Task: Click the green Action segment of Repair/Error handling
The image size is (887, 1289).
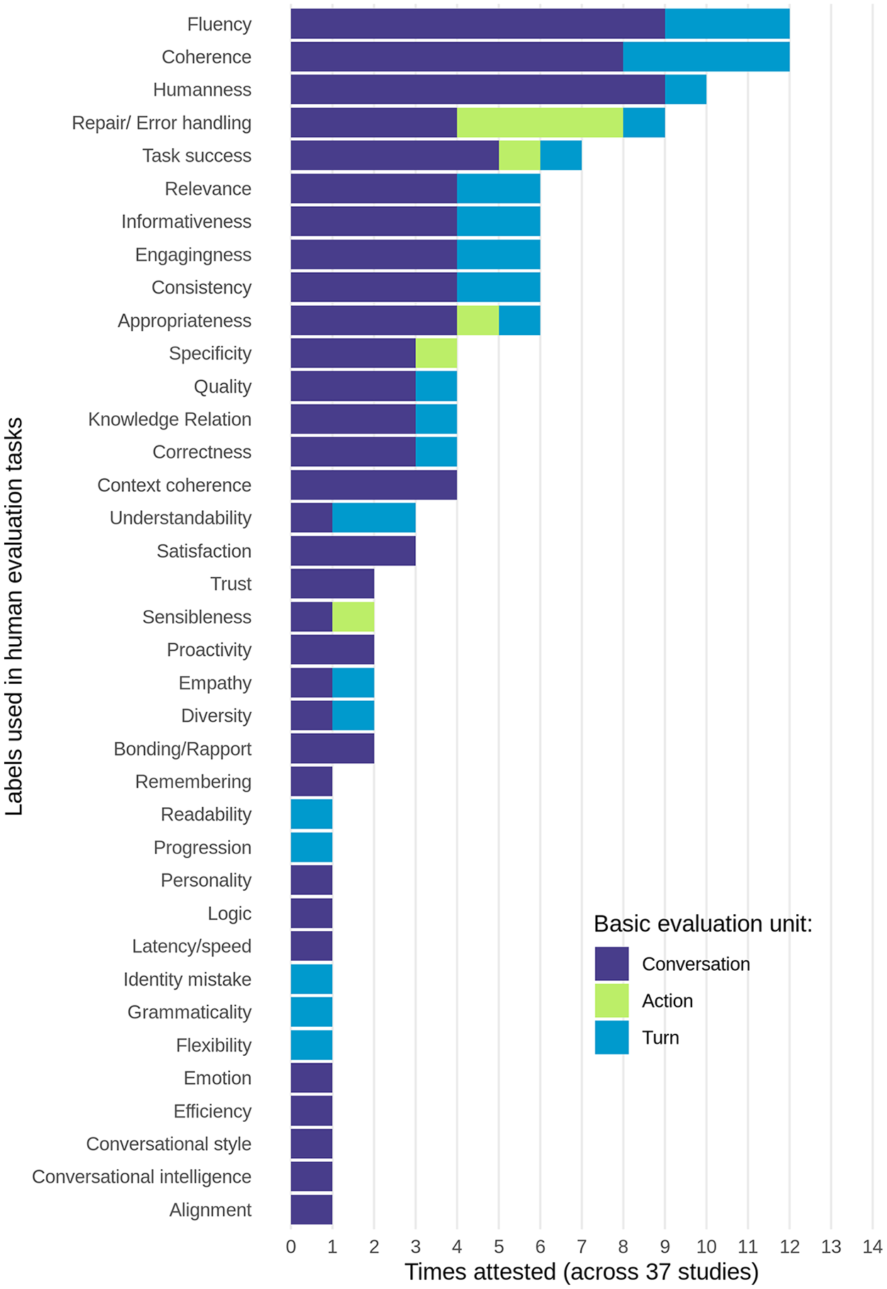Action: point(540,123)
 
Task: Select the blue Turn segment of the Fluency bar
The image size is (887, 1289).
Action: point(727,24)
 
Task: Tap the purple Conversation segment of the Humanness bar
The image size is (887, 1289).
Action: point(478,89)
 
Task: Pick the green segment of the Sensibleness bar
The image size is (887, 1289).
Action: point(353,617)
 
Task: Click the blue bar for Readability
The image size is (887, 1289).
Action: point(312,814)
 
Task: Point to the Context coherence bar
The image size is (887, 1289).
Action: point(374,485)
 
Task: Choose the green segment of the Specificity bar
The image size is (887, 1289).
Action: point(436,353)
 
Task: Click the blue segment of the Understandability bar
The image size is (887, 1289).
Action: point(374,518)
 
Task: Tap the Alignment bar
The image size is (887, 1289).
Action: point(312,1210)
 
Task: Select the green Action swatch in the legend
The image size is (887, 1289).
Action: point(611,1001)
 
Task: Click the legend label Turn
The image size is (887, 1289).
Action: point(660,1037)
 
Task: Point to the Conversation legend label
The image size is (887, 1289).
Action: point(696,964)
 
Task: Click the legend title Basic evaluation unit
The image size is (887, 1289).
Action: point(703,924)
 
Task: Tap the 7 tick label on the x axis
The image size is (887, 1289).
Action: point(582,1246)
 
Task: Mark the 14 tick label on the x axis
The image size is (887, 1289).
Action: point(872,1246)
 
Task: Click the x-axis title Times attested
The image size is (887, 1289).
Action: point(582,1271)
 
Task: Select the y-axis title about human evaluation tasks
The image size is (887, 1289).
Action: point(14,617)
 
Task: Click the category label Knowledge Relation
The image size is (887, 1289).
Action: point(169,419)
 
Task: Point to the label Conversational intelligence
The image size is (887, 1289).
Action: point(142,1176)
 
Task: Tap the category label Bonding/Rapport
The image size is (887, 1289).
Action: point(183,748)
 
